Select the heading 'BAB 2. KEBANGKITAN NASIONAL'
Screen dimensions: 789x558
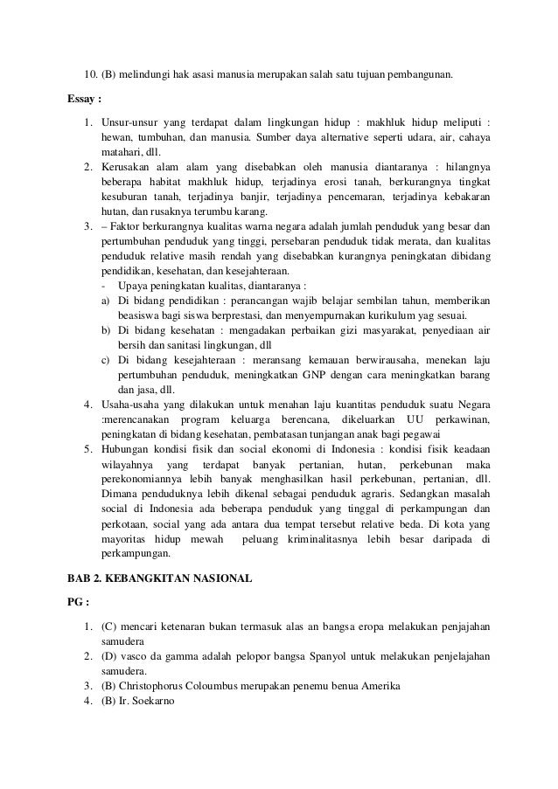click(x=160, y=578)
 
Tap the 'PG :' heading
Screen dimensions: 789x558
click(x=80, y=602)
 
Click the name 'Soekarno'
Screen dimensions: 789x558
click(x=153, y=700)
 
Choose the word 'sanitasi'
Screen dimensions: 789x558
click(x=159, y=346)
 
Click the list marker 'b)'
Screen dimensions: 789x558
click(x=105, y=330)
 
